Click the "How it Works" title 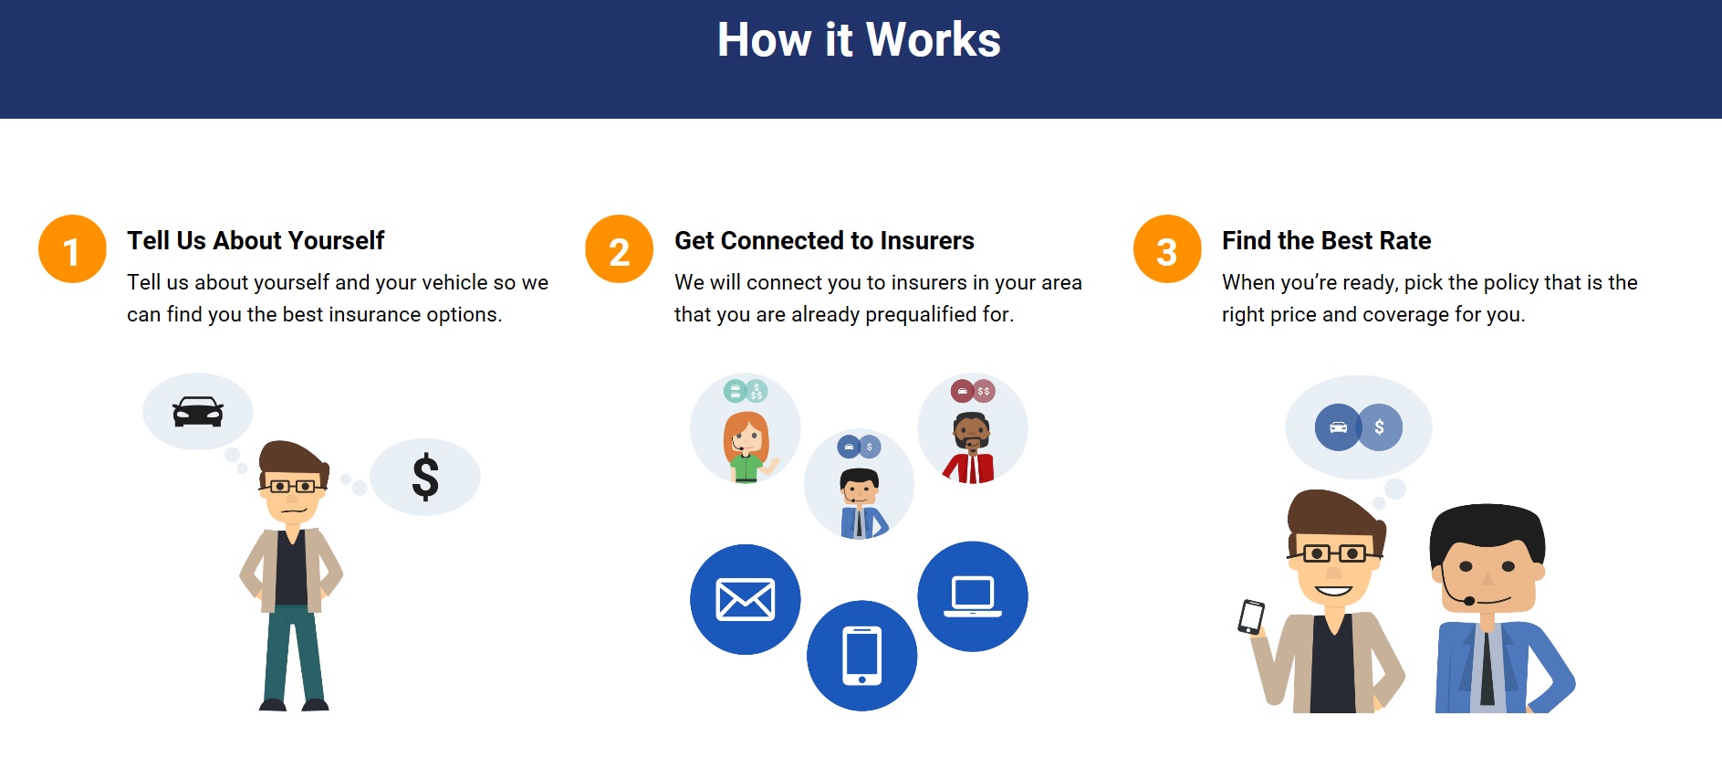pyautogui.click(x=859, y=40)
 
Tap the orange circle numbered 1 pyautogui.click(x=72, y=249)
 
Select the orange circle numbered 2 pyautogui.click(x=620, y=249)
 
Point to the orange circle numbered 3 pyautogui.click(x=1167, y=249)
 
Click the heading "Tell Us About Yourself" pyautogui.click(x=256, y=241)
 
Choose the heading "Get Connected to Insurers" pyautogui.click(x=824, y=241)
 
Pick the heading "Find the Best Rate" pyautogui.click(x=1326, y=241)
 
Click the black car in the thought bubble pyautogui.click(x=198, y=412)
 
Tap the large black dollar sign pyautogui.click(x=425, y=478)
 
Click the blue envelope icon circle pyautogui.click(x=746, y=600)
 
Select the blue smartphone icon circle pyautogui.click(x=862, y=656)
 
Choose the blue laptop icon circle pyautogui.click(x=973, y=596)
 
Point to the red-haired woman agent pyautogui.click(x=746, y=447)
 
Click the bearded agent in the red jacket pyautogui.click(x=970, y=447)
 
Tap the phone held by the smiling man pyautogui.click(x=1251, y=616)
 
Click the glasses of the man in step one pyautogui.click(x=292, y=487)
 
